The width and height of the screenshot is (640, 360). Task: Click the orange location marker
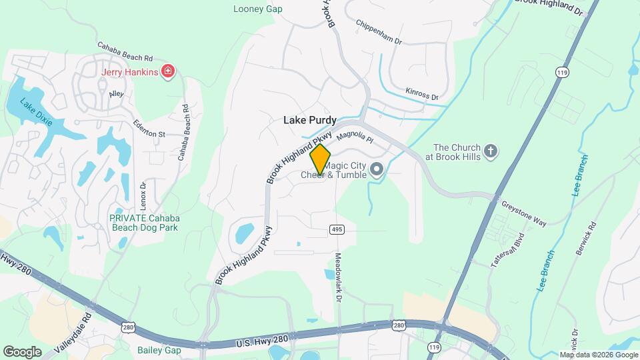tap(320, 159)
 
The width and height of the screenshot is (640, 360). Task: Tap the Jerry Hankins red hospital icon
tap(169, 71)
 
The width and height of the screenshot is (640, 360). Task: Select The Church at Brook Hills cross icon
tap(491, 151)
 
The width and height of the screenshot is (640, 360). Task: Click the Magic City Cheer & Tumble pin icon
tap(376, 169)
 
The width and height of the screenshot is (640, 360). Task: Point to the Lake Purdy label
tap(310, 120)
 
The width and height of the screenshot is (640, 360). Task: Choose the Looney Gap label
tap(258, 9)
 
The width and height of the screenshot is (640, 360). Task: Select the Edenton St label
tap(149, 133)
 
